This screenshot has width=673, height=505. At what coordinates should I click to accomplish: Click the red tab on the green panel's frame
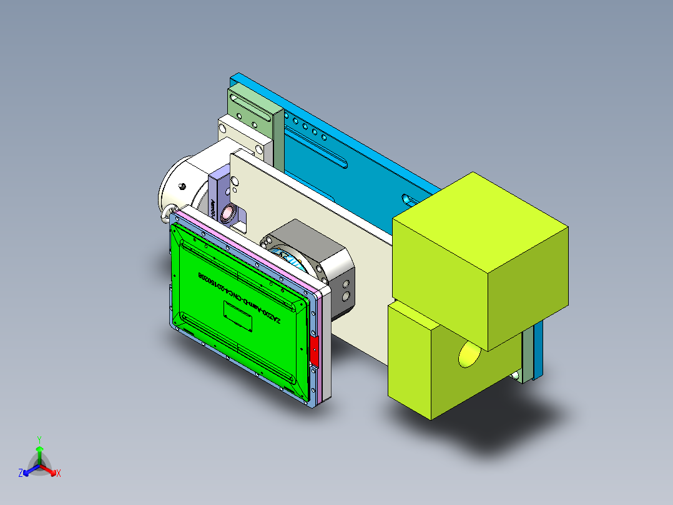coord(314,352)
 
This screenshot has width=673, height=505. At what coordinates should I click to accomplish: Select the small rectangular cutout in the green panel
coord(238,316)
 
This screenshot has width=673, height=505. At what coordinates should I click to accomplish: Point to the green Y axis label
coord(39,439)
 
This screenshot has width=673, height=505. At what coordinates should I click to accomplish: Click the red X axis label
coord(59,474)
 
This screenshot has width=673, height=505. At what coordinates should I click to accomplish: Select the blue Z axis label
coord(21,474)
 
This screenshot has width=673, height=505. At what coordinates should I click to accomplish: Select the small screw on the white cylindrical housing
coord(182,186)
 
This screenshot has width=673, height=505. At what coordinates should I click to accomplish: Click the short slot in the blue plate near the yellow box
coord(408,200)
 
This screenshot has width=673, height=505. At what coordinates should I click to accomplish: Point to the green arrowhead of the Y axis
coord(39,449)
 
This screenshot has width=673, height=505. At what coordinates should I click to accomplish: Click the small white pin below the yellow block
coord(516,375)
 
